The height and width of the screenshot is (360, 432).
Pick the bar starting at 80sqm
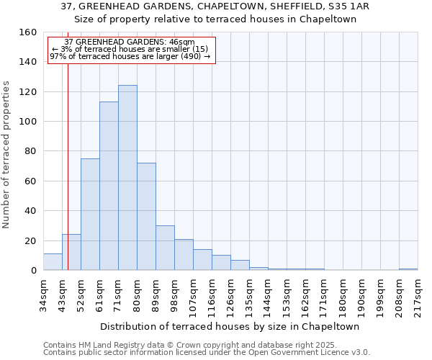(x=146, y=217)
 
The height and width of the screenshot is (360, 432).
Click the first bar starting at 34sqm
(x=53, y=262)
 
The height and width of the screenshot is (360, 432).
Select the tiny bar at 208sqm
(x=408, y=269)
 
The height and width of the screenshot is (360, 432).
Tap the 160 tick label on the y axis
(x=27, y=32)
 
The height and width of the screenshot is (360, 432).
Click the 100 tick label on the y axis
(x=27, y=122)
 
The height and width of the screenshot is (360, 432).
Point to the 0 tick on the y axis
(x=33, y=271)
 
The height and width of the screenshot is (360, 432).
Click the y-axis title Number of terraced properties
(x=6, y=155)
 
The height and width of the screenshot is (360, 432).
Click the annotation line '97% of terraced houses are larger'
(x=130, y=56)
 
